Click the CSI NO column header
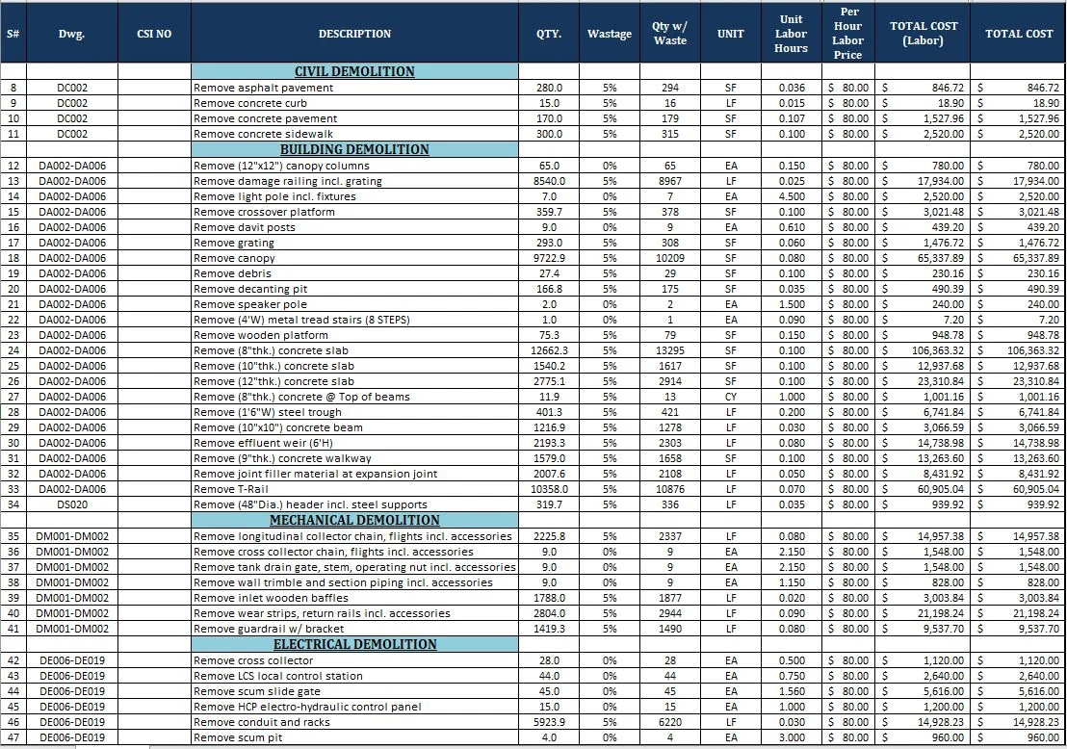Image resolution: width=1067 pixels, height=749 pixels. point(155,34)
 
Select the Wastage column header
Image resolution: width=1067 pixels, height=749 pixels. point(610,34)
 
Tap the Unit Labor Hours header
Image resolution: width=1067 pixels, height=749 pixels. point(791,34)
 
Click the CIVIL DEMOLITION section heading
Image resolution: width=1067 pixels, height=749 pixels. point(354,72)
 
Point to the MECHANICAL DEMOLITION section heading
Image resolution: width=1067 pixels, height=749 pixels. point(354,521)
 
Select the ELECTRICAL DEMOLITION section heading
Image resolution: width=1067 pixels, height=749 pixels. point(354,644)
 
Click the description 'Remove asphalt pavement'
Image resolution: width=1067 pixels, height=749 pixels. point(264,88)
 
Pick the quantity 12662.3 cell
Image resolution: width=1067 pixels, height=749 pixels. point(549,350)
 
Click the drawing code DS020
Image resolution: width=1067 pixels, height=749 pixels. point(72,504)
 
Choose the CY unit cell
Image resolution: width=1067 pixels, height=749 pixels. point(731,397)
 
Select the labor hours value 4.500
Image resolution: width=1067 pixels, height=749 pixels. point(791,196)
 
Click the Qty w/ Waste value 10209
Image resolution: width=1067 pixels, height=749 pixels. point(669,258)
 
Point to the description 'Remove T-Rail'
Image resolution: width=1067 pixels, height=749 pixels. point(228,489)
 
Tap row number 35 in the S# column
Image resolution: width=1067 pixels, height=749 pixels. point(13,536)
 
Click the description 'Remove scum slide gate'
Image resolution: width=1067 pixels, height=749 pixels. point(257,691)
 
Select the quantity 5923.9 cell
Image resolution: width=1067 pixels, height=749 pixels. point(549,722)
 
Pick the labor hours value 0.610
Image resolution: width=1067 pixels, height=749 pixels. point(791,227)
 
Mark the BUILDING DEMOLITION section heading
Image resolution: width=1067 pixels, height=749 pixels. point(354,150)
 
